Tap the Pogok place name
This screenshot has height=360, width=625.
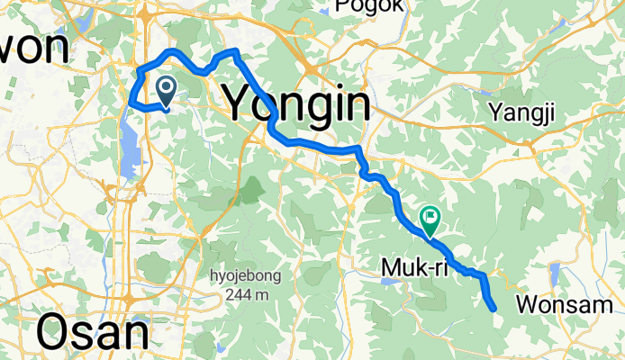[367, 7]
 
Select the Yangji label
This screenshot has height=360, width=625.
[522, 112]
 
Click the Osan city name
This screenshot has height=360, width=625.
[93, 334]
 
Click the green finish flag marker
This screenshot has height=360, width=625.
[430, 217]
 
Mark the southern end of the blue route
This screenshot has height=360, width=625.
[494, 309]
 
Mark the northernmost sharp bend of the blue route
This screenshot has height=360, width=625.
[236, 51]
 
